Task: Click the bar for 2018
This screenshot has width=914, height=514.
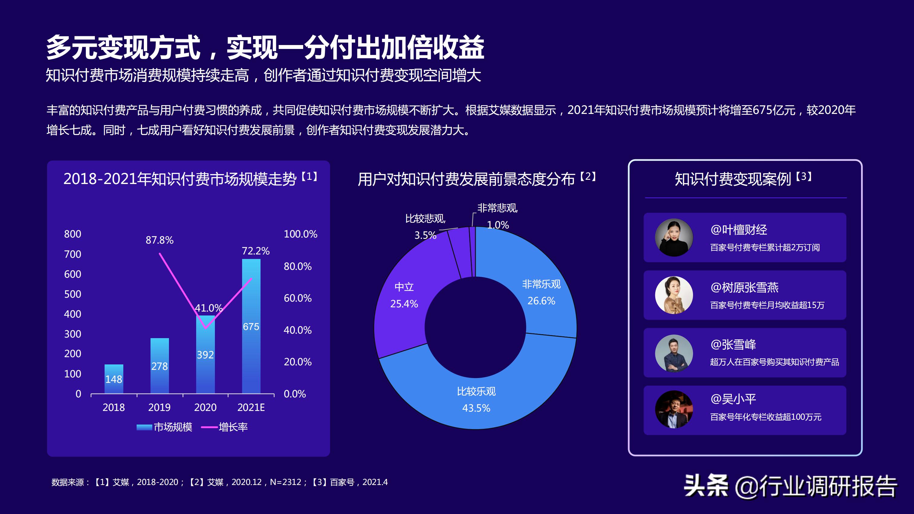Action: pyautogui.click(x=114, y=379)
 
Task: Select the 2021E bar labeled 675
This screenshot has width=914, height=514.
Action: pyautogui.click(x=251, y=326)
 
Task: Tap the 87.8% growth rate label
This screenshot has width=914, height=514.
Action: pyautogui.click(x=159, y=240)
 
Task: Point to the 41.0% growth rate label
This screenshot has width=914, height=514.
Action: pyautogui.click(x=208, y=308)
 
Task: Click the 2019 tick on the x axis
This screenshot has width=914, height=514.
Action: pyautogui.click(x=159, y=407)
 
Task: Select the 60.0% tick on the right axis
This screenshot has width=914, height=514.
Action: pyautogui.click(x=297, y=298)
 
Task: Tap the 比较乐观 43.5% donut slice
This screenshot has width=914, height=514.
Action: pyautogui.click(x=476, y=401)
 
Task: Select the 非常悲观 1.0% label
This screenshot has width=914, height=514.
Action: pyautogui.click(x=497, y=216)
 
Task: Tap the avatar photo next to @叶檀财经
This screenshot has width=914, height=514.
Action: pyautogui.click(x=673, y=237)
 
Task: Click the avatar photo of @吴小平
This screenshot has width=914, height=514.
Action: pyautogui.click(x=673, y=410)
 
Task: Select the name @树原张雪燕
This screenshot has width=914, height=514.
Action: pyautogui.click(x=744, y=287)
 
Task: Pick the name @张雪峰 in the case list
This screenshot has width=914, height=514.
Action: pyautogui.click(x=733, y=344)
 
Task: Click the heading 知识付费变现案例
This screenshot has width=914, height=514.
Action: pyautogui.click(x=733, y=179)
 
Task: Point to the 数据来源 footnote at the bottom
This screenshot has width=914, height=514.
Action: pyautogui.click(x=219, y=482)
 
